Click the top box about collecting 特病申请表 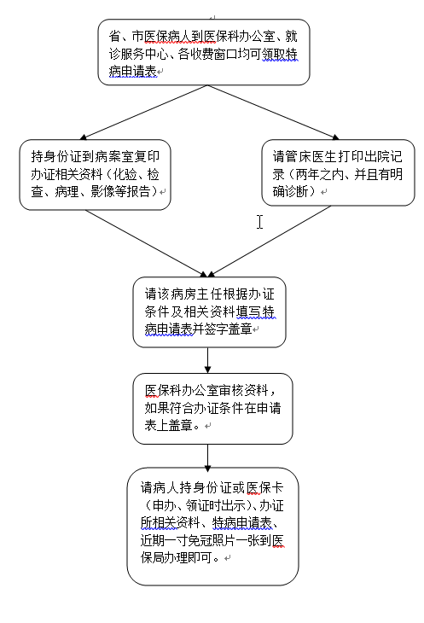(204, 53)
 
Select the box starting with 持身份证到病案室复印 (96, 174)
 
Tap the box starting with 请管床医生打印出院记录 (338, 174)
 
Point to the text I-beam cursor (260, 222)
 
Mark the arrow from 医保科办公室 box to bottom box (207, 456)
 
